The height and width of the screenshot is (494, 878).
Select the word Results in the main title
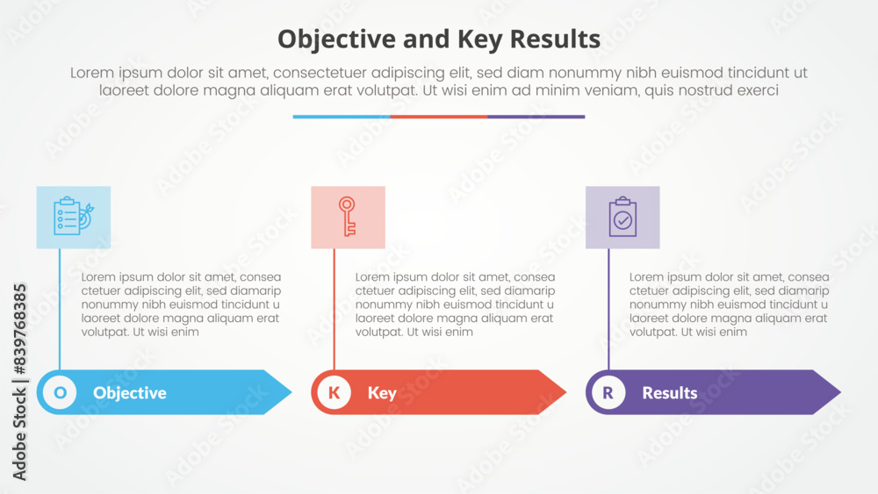(x=555, y=39)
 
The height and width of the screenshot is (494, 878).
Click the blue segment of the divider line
(x=342, y=117)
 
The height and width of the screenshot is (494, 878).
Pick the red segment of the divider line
(x=439, y=117)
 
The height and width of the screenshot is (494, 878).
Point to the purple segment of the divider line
(x=536, y=117)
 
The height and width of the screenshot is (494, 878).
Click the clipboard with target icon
(x=74, y=216)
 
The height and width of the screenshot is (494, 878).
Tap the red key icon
(x=347, y=216)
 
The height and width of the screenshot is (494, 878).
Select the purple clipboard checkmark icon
(x=623, y=217)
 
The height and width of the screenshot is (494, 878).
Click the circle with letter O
(x=60, y=392)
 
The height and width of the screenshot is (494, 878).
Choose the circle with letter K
(x=335, y=392)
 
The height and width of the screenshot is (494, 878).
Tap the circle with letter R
(x=608, y=392)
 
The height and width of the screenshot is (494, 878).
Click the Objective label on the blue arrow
(x=129, y=393)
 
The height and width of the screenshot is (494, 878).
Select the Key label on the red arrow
(x=382, y=393)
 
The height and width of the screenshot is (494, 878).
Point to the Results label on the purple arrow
(x=670, y=393)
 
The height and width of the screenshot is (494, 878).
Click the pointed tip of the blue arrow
(x=291, y=392)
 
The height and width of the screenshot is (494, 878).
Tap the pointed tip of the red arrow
(x=566, y=392)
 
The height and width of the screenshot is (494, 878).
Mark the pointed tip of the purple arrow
(x=840, y=392)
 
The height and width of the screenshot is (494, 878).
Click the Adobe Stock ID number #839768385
(x=19, y=330)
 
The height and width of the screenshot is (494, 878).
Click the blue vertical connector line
(x=60, y=310)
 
